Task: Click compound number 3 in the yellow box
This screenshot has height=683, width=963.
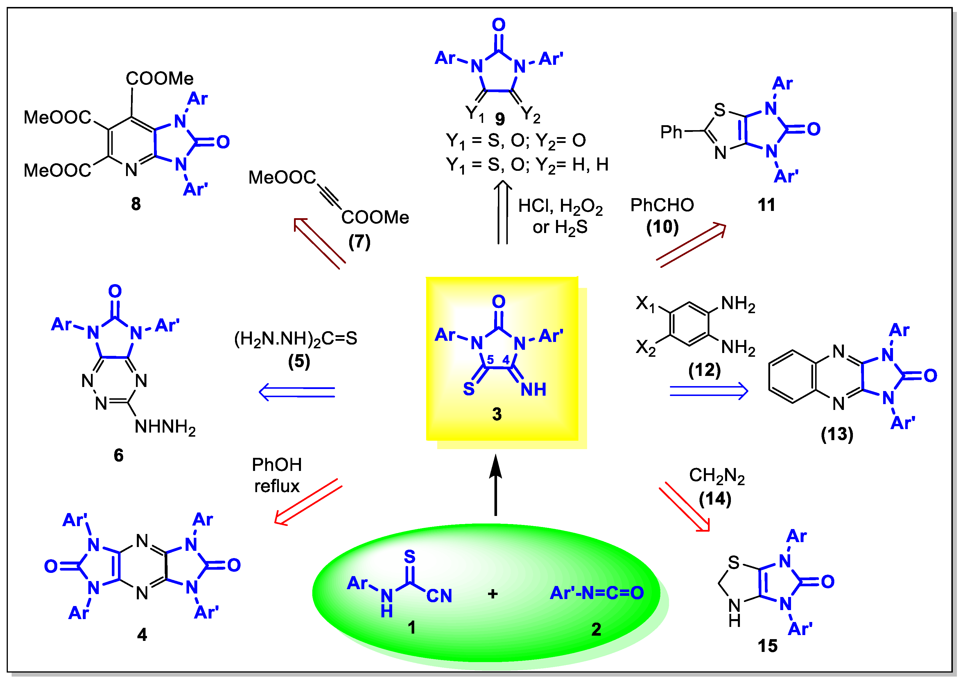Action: (497, 414)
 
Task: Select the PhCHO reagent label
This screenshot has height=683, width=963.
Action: (662, 205)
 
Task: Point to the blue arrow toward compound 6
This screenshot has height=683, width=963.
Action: (297, 392)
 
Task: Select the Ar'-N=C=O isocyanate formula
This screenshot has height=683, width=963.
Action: (597, 593)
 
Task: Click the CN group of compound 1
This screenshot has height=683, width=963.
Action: (439, 596)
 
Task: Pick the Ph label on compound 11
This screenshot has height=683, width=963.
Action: (671, 132)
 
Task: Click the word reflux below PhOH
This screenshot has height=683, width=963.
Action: (277, 487)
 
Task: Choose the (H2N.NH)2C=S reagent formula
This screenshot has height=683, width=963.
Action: (296, 338)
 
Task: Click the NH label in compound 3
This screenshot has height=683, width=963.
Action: (533, 390)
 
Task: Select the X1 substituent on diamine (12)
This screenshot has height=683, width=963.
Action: (645, 304)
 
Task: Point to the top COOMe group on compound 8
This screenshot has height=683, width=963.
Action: (160, 79)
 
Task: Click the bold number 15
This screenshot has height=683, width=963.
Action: (767, 646)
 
